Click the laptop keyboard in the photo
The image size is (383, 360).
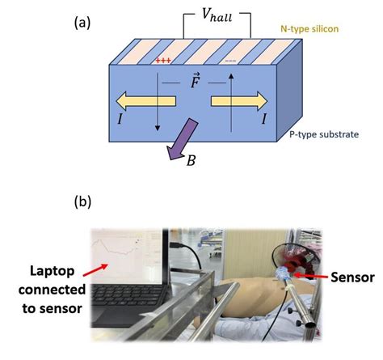133,303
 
